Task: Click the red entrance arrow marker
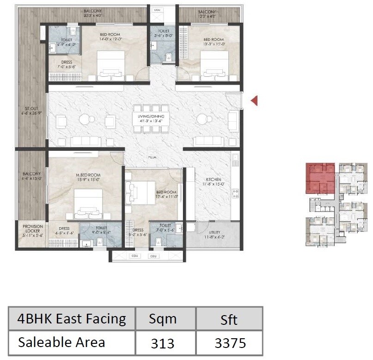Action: click(254, 100)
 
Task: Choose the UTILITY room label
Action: click(214, 235)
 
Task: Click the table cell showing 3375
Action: click(230, 343)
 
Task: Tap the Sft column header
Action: click(229, 319)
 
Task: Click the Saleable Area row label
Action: click(61, 342)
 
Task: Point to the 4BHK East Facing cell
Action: click(71, 319)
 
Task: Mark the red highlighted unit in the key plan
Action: click(319, 178)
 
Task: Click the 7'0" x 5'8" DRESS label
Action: click(63, 65)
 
